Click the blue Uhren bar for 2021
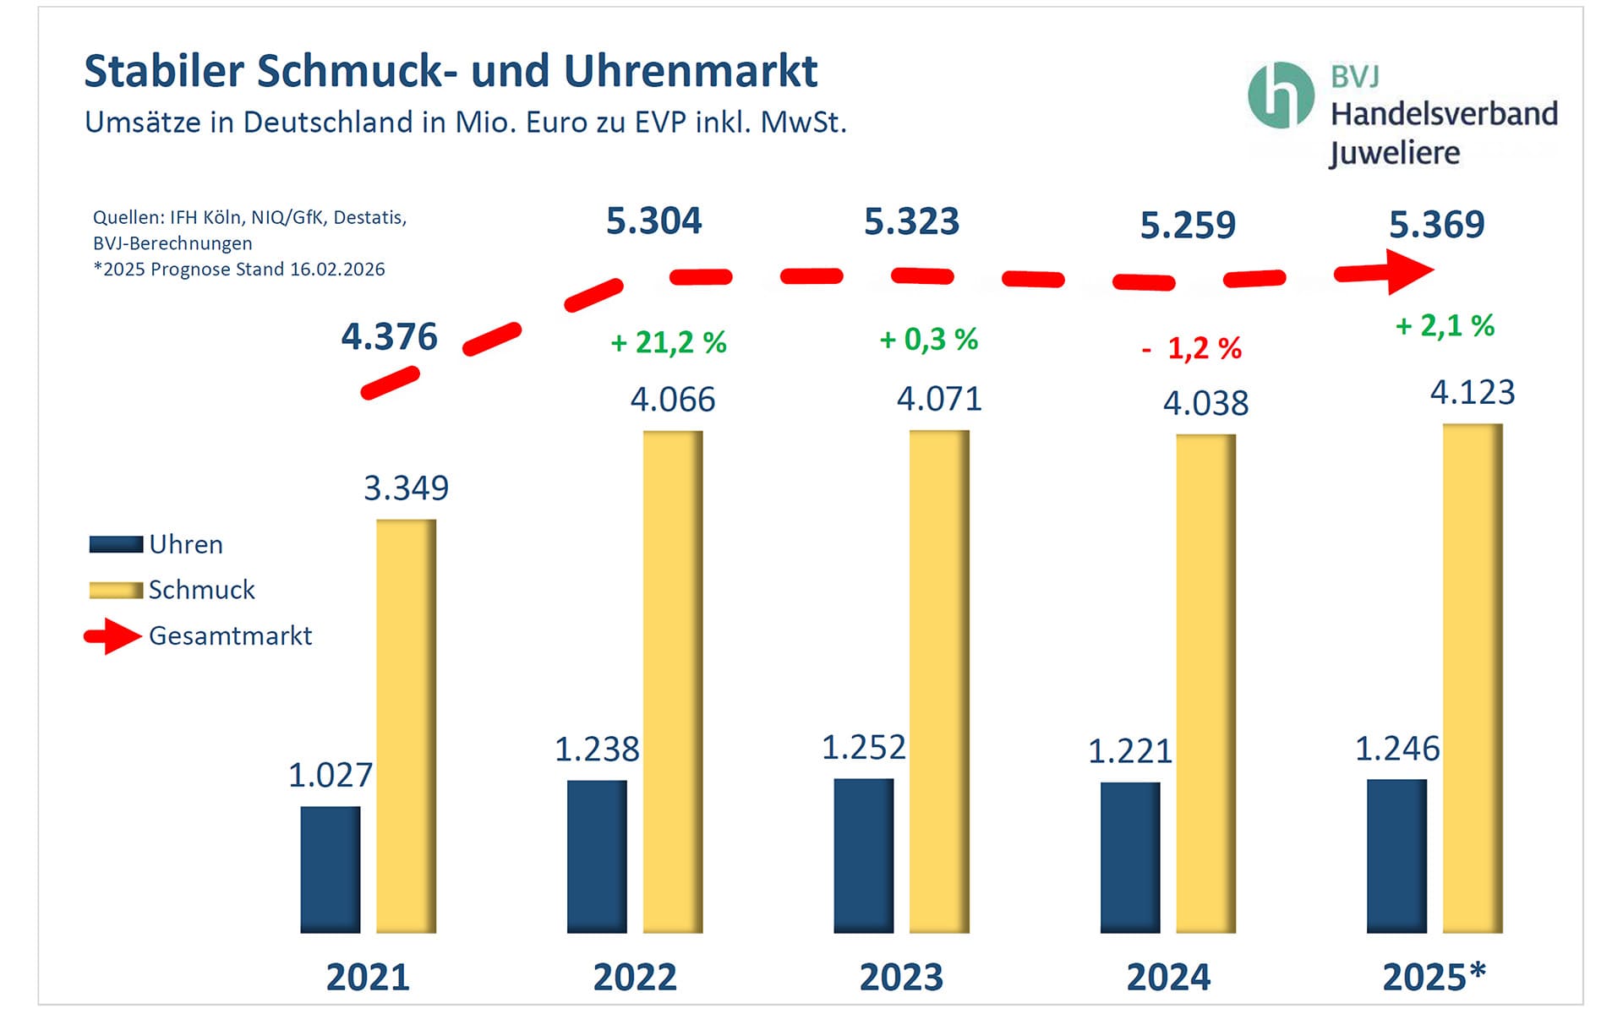pyautogui.click(x=331, y=870)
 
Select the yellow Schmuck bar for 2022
pyautogui.click(x=673, y=681)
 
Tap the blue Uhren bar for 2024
pyautogui.click(x=1130, y=857)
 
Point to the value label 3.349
pyautogui.click(x=406, y=488)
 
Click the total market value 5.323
pyautogui.click(x=911, y=222)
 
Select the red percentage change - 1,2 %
pyautogui.click(x=1192, y=348)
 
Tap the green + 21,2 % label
pyautogui.click(x=668, y=342)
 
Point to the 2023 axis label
pyautogui.click(x=901, y=978)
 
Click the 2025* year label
pyautogui.click(x=1434, y=977)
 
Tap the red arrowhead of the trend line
pyautogui.click(x=1410, y=271)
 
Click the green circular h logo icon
pyautogui.click(x=1281, y=95)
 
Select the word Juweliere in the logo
pyautogui.click(x=1395, y=154)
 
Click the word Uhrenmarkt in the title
pyautogui.click(x=691, y=71)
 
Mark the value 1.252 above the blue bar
pyautogui.click(x=863, y=748)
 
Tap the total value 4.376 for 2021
pyautogui.click(x=389, y=337)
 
